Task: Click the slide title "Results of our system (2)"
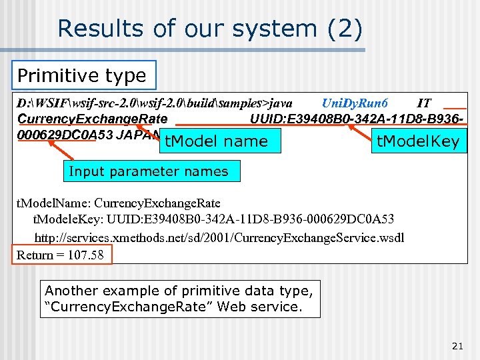[210, 29]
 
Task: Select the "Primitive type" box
[83, 75]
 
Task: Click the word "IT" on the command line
[423, 103]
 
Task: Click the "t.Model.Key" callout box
[417, 141]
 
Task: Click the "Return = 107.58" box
[61, 255]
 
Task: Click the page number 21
[457, 345]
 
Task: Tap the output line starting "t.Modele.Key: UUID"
[213, 219]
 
